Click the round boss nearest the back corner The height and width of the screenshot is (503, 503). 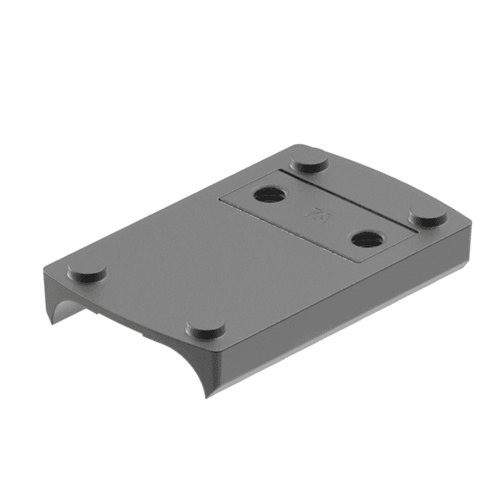click(x=309, y=164)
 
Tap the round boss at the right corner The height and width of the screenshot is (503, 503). click(x=429, y=217)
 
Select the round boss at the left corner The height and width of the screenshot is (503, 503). click(x=86, y=273)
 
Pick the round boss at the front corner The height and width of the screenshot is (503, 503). click(x=206, y=329)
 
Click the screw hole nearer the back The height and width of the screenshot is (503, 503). click(x=269, y=194)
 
